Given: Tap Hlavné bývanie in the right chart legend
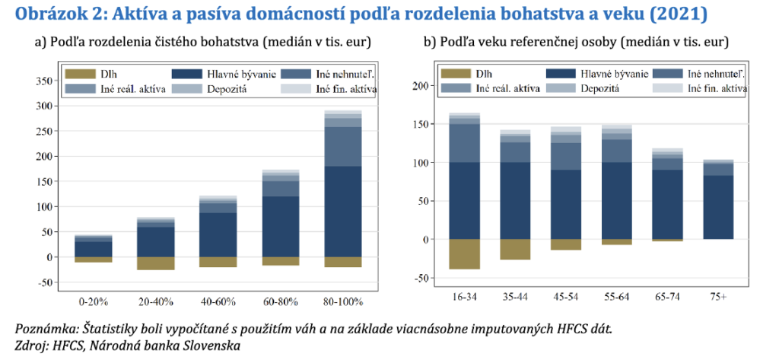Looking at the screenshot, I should click(614, 75).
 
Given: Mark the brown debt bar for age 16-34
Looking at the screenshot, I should click(464, 253).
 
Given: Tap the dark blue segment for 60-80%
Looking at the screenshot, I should click(280, 226).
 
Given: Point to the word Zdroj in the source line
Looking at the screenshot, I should click(30, 346).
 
